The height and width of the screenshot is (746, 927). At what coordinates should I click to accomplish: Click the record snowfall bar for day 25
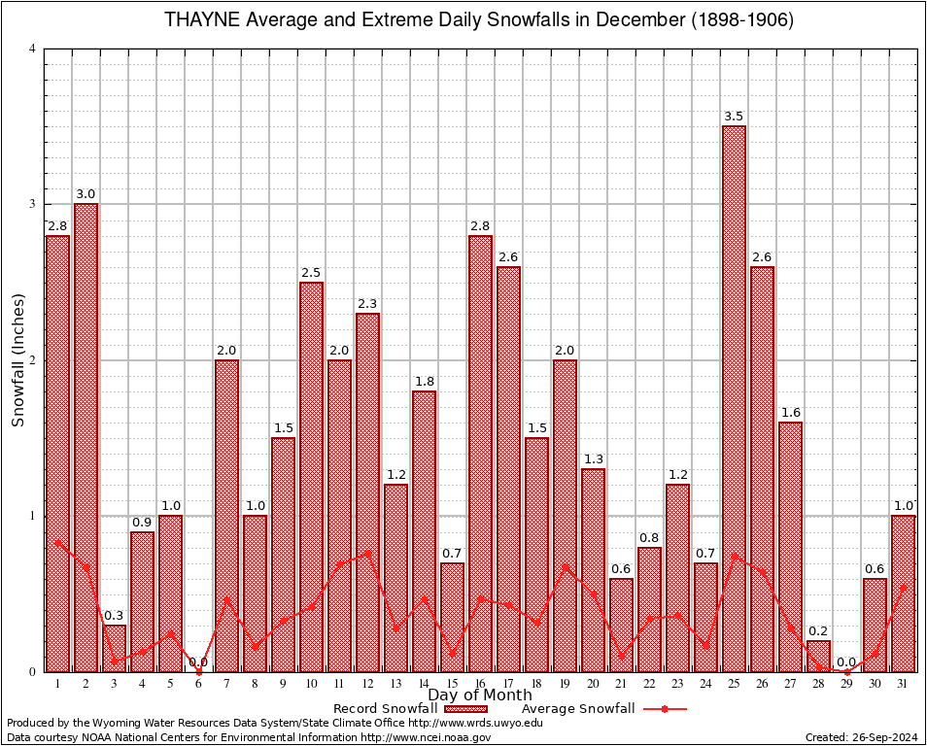[x=734, y=398]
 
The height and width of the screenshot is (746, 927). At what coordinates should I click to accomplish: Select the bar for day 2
[x=86, y=437]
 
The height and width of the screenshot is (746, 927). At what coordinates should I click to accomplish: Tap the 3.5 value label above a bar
[x=734, y=117]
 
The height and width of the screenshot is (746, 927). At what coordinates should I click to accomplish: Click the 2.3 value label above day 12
[x=367, y=304]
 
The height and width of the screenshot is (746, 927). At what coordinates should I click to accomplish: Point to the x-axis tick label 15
[x=452, y=683]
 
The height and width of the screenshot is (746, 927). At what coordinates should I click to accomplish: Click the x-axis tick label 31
[x=903, y=683]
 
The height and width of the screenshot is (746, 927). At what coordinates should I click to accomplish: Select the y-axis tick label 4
[x=32, y=49]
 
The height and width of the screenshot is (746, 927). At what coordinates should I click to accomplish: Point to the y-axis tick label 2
[x=32, y=360]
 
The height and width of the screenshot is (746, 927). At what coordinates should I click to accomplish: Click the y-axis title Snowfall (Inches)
[x=17, y=360]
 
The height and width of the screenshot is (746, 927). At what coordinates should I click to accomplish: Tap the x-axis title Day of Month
[x=479, y=695]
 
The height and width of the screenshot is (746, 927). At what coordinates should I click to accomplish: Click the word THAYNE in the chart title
[x=199, y=20]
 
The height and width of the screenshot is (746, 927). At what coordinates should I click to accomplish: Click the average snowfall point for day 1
[x=57, y=543]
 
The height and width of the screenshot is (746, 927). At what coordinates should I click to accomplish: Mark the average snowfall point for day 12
[x=367, y=553]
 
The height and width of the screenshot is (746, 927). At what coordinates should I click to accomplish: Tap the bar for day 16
[x=480, y=453]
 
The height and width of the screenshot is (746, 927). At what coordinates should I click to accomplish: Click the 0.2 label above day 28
[x=818, y=631]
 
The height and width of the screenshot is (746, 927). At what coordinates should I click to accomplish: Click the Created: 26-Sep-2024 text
[x=861, y=737]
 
